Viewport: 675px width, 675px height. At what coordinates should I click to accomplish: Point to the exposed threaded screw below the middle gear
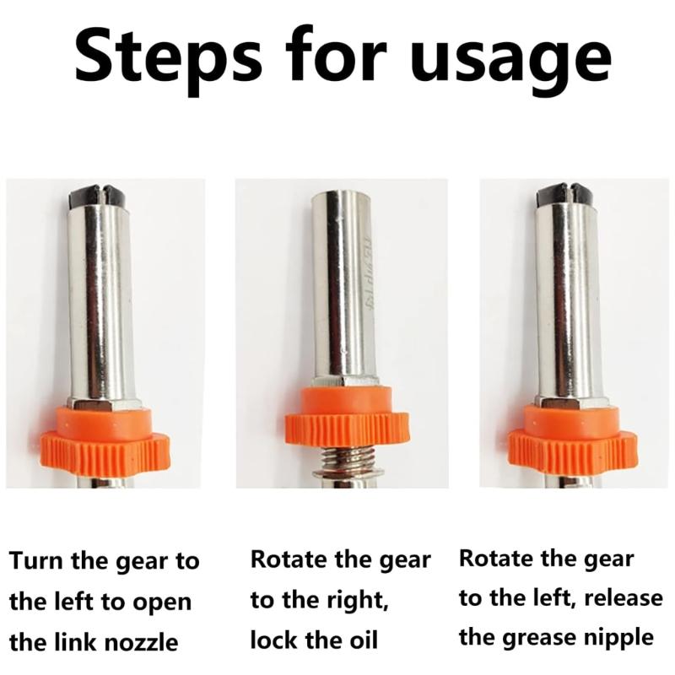tap(348, 462)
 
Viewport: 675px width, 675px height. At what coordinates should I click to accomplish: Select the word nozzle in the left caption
tap(142, 643)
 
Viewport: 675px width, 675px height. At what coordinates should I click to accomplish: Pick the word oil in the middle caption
tap(362, 640)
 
